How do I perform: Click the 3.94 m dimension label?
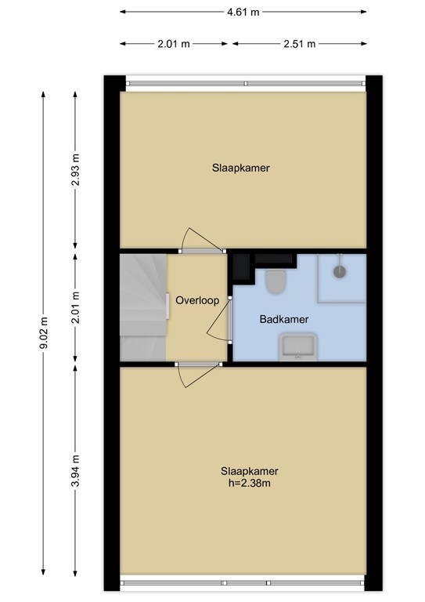click(x=76, y=472)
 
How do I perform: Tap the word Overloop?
click(x=196, y=301)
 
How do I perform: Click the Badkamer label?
click(x=283, y=319)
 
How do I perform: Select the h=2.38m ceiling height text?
click(x=250, y=483)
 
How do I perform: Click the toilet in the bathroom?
click(x=276, y=281)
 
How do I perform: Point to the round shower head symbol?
click(x=340, y=271)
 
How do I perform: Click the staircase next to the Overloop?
click(x=143, y=307)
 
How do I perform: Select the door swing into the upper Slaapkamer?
click(x=196, y=239)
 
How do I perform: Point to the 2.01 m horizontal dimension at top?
click(x=174, y=44)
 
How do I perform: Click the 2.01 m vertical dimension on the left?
click(x=76, y=307)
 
